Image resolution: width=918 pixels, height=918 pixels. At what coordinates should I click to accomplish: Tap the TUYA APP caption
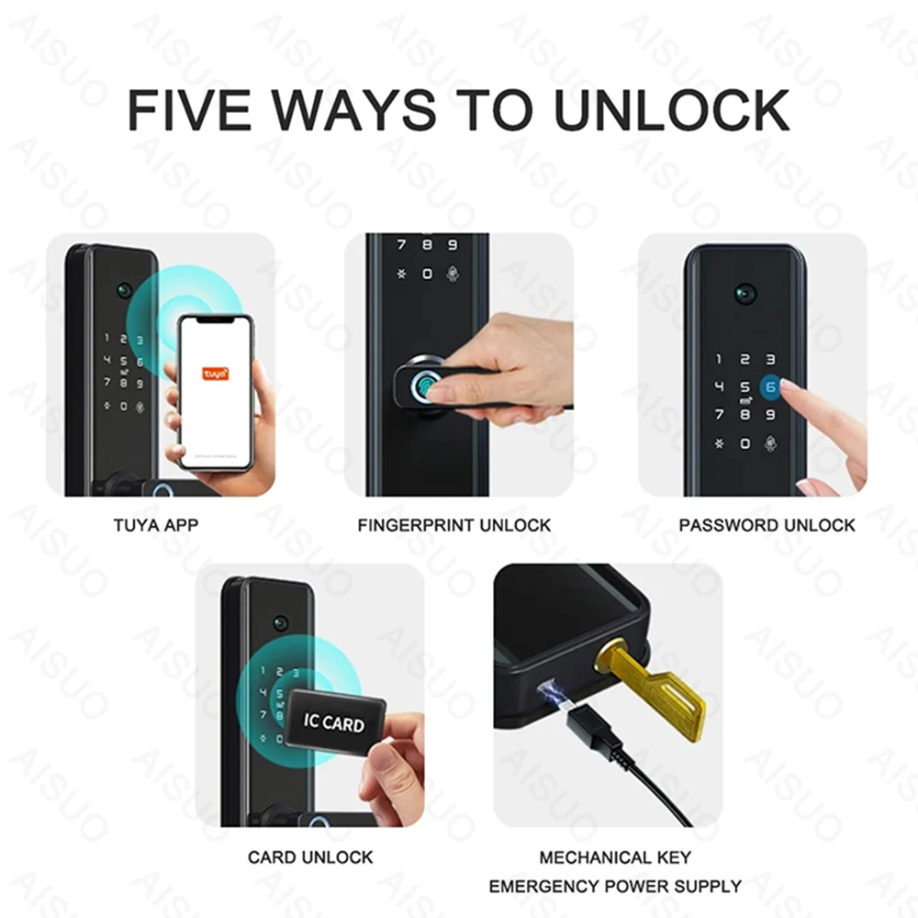(x=155, y=525)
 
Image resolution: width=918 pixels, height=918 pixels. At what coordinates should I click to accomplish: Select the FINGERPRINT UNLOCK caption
(x=454, y=525)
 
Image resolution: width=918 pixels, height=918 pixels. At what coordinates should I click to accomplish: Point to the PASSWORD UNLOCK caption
(x=767, y=525)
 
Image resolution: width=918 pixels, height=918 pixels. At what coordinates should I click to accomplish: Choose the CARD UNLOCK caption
(x=310, y=857)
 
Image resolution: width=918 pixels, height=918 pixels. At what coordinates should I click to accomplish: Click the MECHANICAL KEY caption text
(x=615, y=857)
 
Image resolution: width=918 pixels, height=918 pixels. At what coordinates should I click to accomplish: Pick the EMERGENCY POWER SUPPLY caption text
(x=615, y=886)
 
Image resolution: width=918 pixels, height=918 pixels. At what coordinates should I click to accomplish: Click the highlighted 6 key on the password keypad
(x=770, y=388)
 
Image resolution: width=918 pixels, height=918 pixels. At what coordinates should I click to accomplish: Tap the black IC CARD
(x=331, y=724)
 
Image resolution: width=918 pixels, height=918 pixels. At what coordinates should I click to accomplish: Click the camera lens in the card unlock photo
(x=281, y=622)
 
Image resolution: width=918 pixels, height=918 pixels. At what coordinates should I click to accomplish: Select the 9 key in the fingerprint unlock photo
(x=452, y=245)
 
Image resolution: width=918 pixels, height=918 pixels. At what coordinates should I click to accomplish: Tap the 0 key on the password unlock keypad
(x=744, y=443)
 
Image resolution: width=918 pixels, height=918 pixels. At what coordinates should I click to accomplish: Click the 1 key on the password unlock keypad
(x=719, y=360)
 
